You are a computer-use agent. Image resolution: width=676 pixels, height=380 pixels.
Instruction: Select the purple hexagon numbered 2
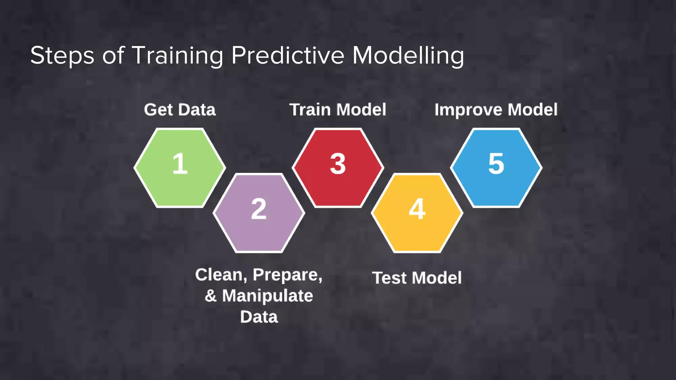[259, 213]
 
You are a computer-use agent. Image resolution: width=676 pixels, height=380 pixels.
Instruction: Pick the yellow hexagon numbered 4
[417, 213]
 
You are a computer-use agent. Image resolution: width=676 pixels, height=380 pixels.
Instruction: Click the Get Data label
[180, 110]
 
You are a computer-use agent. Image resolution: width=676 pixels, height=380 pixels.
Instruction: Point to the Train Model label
[338, 110]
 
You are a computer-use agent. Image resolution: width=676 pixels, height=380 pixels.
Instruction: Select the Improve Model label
[496, 110]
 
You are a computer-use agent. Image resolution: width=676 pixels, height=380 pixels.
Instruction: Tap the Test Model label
[417, 278]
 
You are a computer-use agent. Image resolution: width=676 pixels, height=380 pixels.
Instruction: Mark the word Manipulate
[267, 296]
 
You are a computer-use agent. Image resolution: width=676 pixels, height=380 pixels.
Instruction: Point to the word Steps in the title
[62, 55]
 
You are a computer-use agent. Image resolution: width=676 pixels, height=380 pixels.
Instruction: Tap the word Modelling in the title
[408, 55]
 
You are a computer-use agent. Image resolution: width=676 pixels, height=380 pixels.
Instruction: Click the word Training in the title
[178, 55]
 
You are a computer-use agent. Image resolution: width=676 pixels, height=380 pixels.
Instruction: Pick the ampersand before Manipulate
[211, 296]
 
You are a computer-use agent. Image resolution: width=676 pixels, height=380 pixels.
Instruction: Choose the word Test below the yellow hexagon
[389, 278]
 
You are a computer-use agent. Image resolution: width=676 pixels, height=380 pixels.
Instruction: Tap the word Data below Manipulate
[259, 317]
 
